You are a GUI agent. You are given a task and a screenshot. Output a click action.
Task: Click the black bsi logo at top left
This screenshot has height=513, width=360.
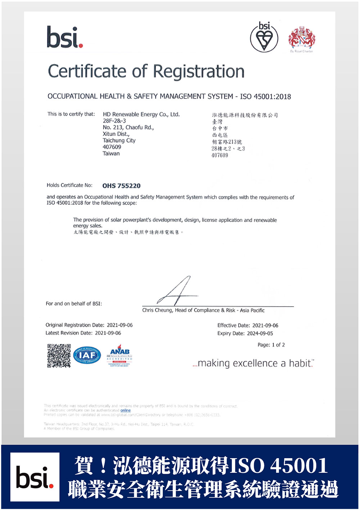tap(65, 37)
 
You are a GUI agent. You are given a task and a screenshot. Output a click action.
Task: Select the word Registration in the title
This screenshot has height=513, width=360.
tap(199, 71)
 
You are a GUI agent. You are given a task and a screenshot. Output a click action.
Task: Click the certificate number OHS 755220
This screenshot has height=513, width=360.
tap(121, 186)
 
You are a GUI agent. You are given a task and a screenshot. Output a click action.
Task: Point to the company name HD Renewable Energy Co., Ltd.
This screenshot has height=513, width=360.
tap(141, 114)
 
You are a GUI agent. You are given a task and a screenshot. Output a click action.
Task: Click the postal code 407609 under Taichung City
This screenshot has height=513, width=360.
tap(112, 147)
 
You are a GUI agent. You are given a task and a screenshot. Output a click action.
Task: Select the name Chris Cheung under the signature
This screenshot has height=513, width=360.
tap(157, 310)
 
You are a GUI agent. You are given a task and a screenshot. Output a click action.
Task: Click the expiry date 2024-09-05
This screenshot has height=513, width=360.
tap(260, 333)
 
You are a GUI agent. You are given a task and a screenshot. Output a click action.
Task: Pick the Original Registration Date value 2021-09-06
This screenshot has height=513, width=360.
tap(120, 325)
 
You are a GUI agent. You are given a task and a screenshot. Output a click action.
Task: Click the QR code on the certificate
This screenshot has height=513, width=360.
tap(59, 356)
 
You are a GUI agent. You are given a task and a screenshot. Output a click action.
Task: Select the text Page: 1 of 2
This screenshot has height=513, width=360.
tap(271, 345)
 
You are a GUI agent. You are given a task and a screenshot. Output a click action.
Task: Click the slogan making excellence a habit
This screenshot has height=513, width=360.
tap(253, 363)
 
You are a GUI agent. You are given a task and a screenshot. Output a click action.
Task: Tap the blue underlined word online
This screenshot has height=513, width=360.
tap(125, 410)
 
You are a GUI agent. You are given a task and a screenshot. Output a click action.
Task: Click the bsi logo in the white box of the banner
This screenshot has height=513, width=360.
tap(35, 477)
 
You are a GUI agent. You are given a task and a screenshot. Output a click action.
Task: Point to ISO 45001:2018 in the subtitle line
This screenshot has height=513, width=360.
tap(265, 97)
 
